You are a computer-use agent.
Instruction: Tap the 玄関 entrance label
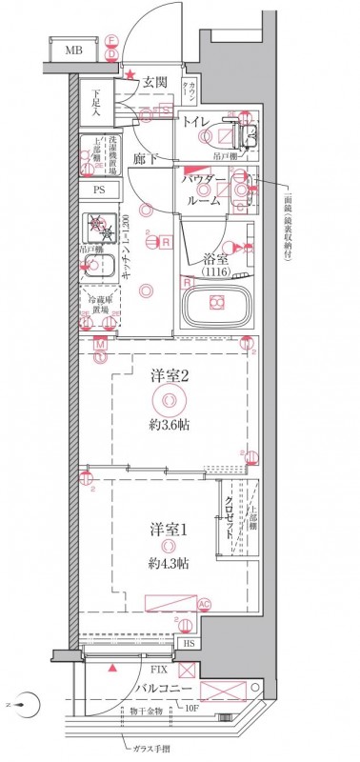point(155,84)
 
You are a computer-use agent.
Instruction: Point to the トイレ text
point(197,122)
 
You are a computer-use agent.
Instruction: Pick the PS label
point(98,190)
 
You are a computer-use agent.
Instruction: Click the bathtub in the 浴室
point(216,304)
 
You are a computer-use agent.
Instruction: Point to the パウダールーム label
point(204,190)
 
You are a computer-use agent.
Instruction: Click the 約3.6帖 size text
point(169,424)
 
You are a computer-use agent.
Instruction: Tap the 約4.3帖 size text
point(168,564)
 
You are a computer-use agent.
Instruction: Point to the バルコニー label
point(164,689)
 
